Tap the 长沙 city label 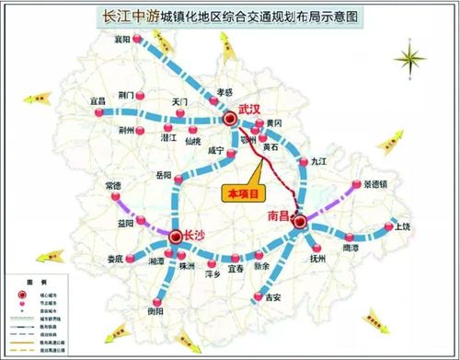click(x=196, y=235)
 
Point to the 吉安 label click(x=272, y=298)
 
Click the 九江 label click(x=319, y=160)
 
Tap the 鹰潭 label click(x=351, y=248)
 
